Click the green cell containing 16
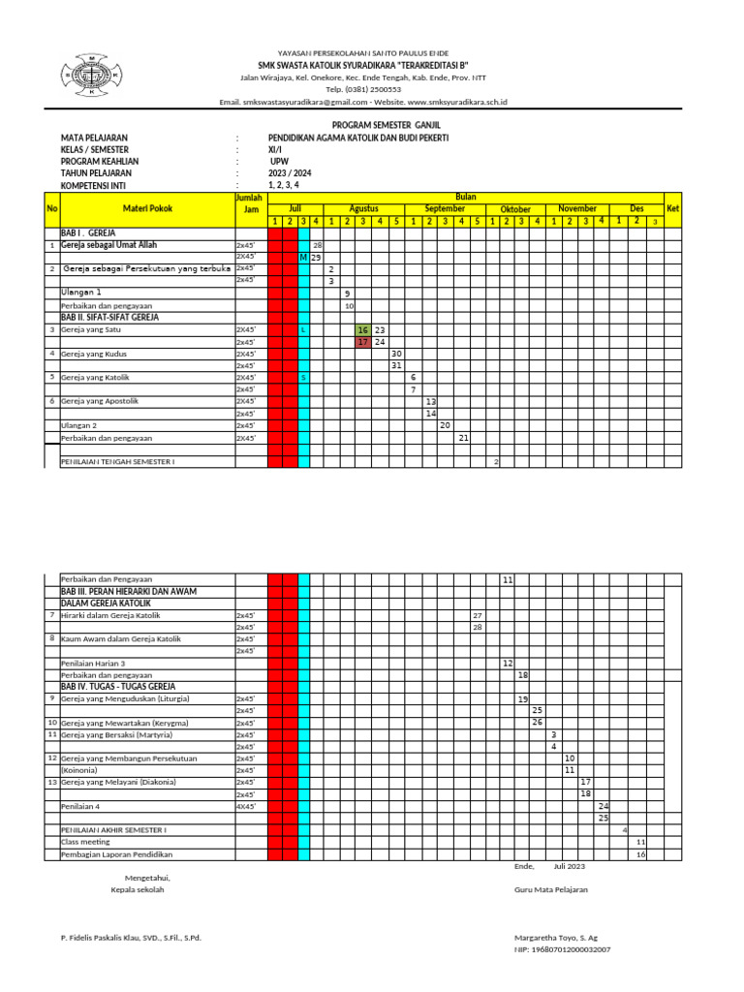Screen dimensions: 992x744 coord(363,330)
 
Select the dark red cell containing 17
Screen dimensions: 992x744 coord(363,342)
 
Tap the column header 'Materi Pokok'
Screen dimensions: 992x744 coord(147,208)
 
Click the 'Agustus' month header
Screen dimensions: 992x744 coord(363,208)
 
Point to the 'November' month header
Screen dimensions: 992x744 coord(577,208)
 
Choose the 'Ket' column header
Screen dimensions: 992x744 coord(672,208)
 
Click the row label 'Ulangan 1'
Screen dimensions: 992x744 coord(81,292)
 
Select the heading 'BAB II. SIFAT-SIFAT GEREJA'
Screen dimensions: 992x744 coord(109,317)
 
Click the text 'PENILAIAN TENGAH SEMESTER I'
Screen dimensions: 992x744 coord(117,462)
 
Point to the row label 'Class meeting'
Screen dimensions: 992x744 coord(85,842)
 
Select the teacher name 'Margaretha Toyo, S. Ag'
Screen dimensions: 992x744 coord(555,939)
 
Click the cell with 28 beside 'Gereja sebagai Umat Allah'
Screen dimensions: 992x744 coord(317,246)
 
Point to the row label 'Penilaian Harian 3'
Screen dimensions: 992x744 coord(93,664)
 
